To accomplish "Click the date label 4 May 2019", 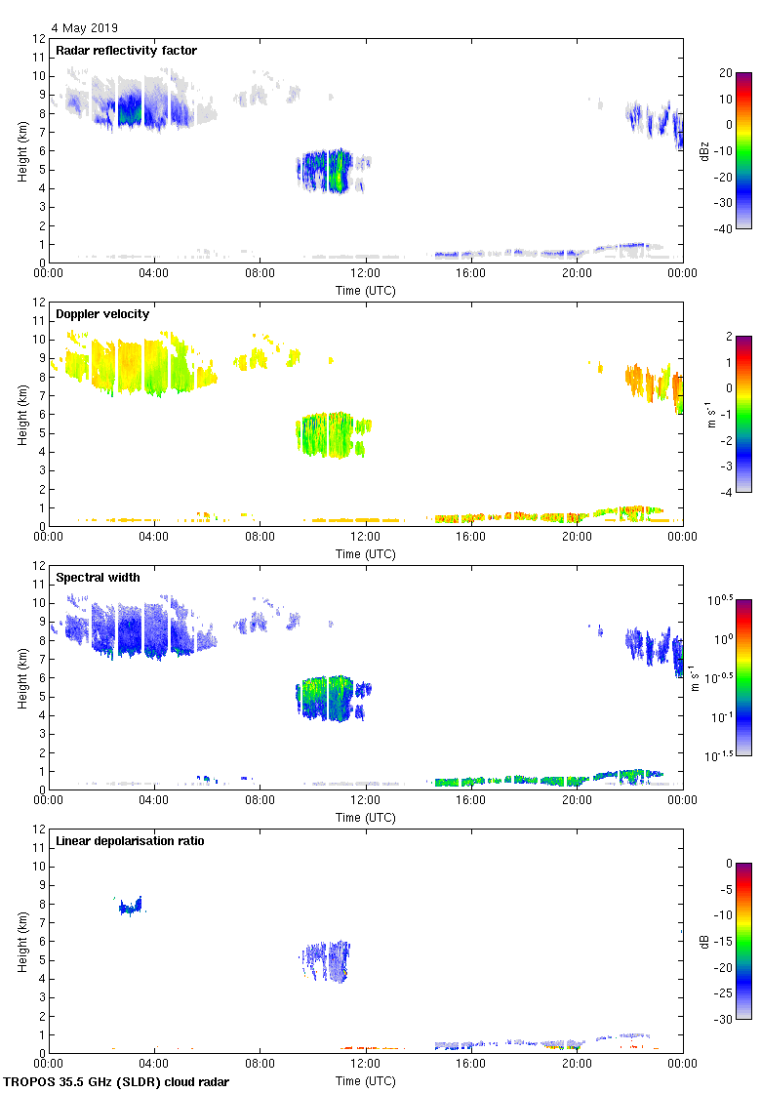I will coord(85,27).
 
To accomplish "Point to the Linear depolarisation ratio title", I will coord(130,841).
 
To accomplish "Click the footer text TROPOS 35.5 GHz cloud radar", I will coord(117,1082).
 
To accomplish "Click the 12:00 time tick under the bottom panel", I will coord(366,1066).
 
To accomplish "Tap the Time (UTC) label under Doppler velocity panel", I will coord(366,553).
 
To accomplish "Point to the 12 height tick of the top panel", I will coord(39,39).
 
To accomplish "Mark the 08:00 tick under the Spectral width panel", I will coord(260,802).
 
